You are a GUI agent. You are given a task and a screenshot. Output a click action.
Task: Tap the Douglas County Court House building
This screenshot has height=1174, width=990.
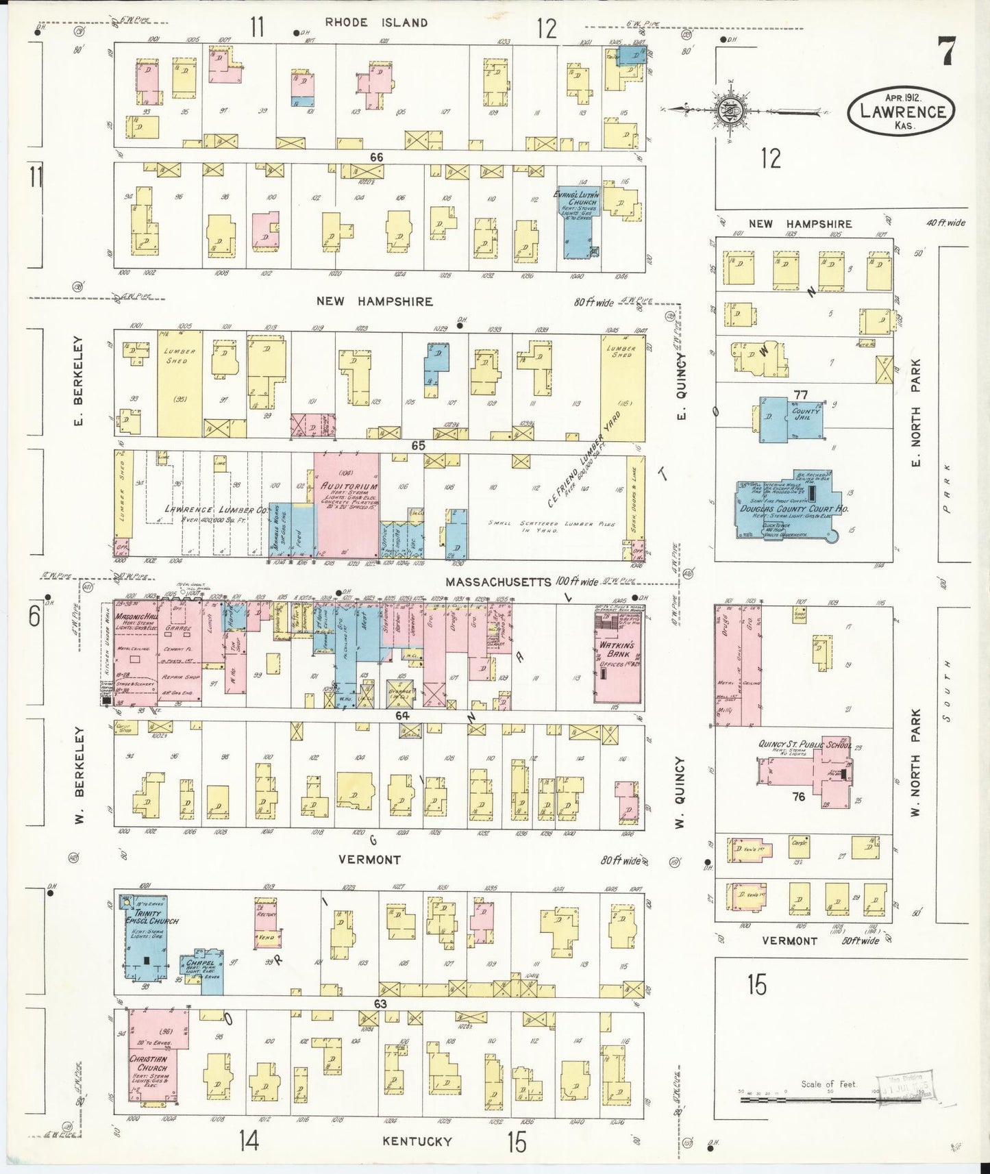click(788, 510)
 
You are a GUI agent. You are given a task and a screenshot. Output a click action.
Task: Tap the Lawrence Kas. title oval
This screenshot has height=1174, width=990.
click(901, 110)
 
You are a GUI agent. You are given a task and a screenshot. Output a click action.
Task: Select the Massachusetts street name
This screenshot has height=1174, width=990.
click(498, 582)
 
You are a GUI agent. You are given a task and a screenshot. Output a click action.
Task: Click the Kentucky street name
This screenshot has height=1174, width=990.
click(417, 1141)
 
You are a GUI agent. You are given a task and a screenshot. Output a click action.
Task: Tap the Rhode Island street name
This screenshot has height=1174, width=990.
click(376, 23)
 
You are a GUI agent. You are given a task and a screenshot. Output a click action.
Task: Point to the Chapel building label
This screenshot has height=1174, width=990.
click(200, 964)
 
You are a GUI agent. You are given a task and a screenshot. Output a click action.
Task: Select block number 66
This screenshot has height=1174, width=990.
click(376, 158)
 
